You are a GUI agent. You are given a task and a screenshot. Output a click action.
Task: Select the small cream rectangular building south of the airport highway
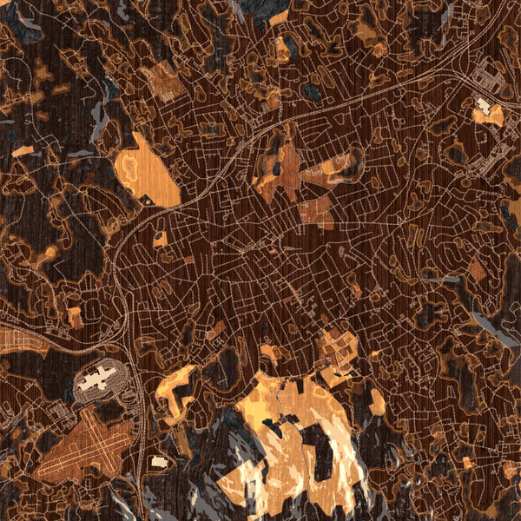coord(158,461)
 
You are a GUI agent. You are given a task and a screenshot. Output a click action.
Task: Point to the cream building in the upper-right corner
coord(483,105)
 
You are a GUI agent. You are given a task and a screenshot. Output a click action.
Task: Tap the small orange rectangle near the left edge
coord(23,151)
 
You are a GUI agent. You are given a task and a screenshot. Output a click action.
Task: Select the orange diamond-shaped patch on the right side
coord(477,270)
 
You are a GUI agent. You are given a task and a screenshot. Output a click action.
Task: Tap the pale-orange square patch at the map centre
coord(316,212)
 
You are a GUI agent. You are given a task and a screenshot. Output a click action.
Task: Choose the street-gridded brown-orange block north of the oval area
coord(162,82)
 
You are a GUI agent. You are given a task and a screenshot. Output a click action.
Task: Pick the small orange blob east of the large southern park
coord(377,402)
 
